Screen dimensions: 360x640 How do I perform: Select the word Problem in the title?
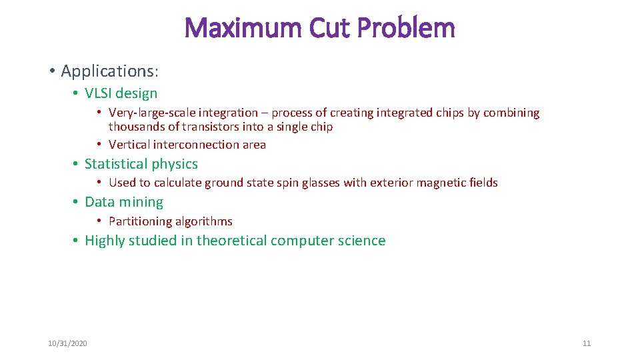coord(406,28)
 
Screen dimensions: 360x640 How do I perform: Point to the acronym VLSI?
coord(101,93)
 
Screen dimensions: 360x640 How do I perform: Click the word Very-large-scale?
coord(150,113)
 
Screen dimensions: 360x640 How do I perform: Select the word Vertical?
coord(129,145)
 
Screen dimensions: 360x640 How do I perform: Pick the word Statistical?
coord(116,164)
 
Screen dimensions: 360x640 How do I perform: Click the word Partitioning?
coord(139,221)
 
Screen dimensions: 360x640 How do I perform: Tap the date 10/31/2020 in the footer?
coord(67,343)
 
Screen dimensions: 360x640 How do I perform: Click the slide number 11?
coord(587,343)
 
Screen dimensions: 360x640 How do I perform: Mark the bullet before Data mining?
coord(77,202)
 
